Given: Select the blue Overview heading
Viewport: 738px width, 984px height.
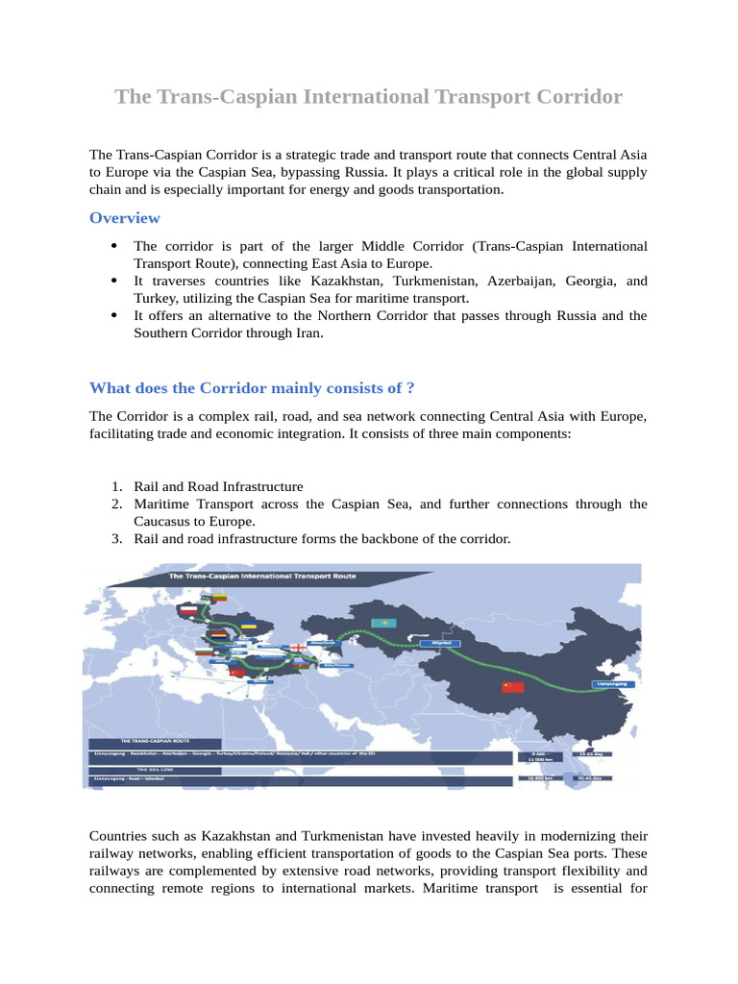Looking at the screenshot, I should pyautogui.click(x=125, y=218).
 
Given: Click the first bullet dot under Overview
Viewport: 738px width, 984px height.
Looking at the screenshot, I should pyautogui.click(x=114, y=247).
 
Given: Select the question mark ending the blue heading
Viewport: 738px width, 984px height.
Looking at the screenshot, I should pyautogui.click(x=410, y=388).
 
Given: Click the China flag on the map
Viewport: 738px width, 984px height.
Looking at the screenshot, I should pyautogui.click(x=513, y=686).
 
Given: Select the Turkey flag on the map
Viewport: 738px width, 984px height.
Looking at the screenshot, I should pyautogui.click(x=236, y=673).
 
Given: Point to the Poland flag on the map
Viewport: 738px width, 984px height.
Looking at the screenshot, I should pyautogui.click(x=189, y=610).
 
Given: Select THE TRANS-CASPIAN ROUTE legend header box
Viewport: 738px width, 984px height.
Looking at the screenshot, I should pyautogui.click(x=154, y=743).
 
